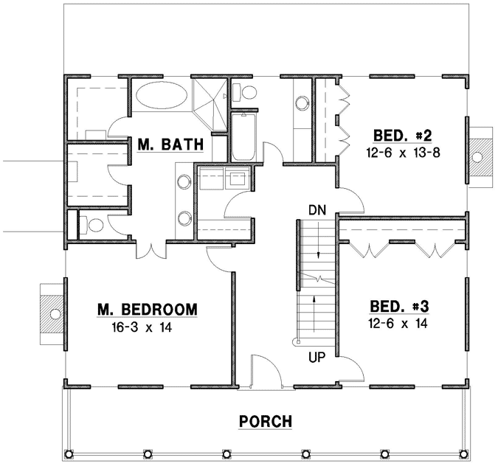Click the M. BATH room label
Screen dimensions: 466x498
[169, 145]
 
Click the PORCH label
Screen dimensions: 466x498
[266, 422]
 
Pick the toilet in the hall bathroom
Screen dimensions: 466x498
[247, 93]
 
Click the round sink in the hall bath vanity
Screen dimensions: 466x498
[302, 102]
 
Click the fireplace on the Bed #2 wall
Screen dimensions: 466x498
[478, 156]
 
